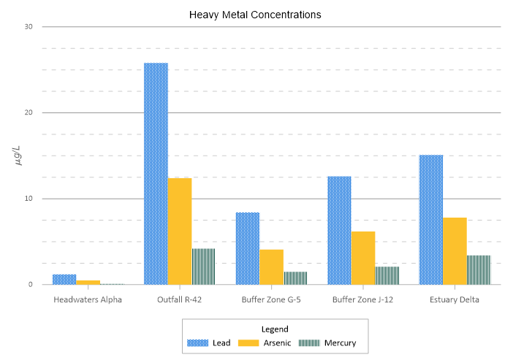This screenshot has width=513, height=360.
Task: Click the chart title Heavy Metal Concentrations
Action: [x=255, y=14]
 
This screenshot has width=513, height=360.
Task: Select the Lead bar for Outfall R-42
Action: [x=156, y=174]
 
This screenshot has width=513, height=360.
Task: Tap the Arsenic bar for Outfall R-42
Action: [x=180, y=231]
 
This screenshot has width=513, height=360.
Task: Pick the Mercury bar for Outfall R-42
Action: [x=204, y=267]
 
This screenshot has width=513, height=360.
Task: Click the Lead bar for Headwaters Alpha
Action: [x=64, y=280]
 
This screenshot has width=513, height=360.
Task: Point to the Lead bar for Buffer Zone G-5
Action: [x=248, y=248]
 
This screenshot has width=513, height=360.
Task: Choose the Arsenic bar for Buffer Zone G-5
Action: [x=272, y=267]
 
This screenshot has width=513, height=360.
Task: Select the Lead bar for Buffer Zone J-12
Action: [x=339, y=231]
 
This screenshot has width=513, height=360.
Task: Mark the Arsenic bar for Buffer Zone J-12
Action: [x=363, y=258]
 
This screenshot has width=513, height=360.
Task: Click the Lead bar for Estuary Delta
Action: [x=430, y=220]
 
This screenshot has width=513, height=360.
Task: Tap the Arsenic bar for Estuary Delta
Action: [x=455, y=251]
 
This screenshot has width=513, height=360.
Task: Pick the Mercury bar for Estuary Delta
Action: [x=479, y=270]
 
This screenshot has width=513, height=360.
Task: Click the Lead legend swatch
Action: [x=198, y=342]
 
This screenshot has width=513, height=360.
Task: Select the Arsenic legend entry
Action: [x=266, y=342]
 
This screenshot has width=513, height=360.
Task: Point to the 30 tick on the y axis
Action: [x=29, y=27]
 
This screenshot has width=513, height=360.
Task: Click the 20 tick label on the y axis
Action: [x=29, y=112]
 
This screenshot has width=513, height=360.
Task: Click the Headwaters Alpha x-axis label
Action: [x=88, y=299]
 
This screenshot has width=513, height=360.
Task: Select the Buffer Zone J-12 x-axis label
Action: [x=362, y=299]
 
